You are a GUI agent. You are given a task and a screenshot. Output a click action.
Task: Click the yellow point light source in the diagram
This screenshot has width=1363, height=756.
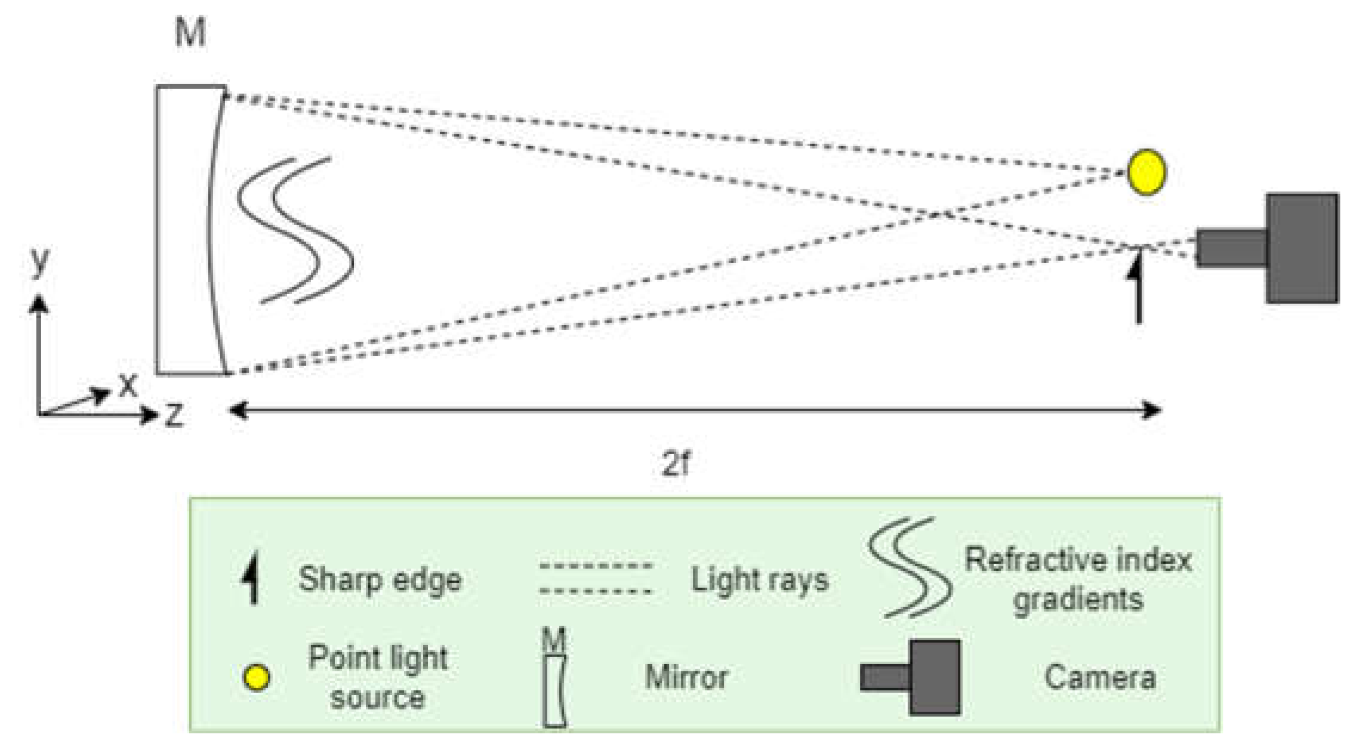tap(1146, 172)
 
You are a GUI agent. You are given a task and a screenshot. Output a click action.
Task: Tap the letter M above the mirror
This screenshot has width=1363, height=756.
tap(190, 32)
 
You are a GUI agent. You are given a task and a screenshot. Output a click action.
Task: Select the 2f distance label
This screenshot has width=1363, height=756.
tap(676, 463)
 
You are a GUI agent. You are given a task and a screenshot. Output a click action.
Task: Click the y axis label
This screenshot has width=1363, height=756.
tap(40, 261)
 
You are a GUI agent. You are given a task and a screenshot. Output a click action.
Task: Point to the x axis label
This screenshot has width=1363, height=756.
tap(127, 385)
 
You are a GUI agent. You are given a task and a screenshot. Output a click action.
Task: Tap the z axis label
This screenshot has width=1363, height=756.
tap(174, 415)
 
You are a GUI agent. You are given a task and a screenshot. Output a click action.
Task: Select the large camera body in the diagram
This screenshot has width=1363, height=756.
tap(1302, 248)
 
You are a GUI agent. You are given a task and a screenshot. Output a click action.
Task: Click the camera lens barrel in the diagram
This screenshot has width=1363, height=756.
tap(1231, 247)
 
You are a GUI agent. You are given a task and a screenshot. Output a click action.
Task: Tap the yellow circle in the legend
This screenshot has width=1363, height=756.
tap(257, 678)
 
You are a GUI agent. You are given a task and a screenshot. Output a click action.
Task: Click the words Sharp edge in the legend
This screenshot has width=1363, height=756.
tap(380, 579)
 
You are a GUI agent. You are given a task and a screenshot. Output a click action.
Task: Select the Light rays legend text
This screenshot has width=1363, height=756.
tap(760, 579)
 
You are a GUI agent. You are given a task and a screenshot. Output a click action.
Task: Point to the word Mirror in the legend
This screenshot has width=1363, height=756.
tap(686, 677)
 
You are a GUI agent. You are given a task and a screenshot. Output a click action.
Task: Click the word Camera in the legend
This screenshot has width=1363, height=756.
tap(1100, 677)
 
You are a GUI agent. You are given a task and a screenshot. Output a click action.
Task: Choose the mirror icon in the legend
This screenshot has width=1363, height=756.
tap(554, 689)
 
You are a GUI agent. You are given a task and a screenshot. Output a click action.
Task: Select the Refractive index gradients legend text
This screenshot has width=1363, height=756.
tap(1078, 579)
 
